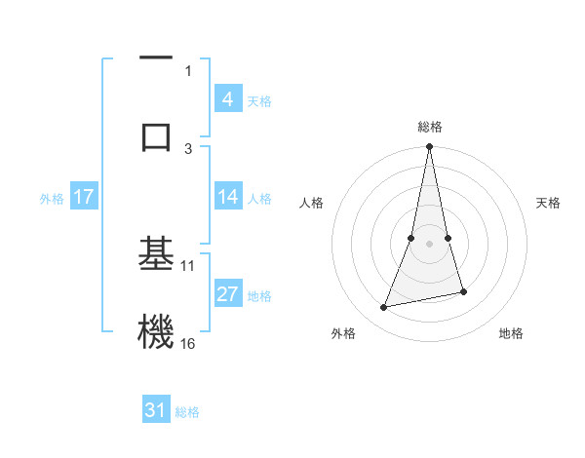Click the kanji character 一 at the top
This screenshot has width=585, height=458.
click(156, 59)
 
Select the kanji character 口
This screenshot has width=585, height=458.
click(156, 135)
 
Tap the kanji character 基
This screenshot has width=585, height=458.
click(156, 254)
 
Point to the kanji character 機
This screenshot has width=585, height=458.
click(156, 330)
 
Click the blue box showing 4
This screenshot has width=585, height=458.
click(227, 99)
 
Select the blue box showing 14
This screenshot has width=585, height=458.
click(227, 197)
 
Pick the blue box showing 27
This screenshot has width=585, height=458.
click(227, 295)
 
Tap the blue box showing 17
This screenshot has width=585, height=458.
click(84, 197)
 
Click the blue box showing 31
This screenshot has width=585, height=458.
click(156, 410)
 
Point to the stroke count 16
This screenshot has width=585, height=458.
click(188, 343)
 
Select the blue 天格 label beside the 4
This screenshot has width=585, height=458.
click(259, 100)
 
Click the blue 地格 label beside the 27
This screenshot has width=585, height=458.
click(259, 296)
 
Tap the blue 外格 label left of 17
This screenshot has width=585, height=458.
click(52, 198)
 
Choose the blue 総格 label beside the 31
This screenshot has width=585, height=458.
click(187, 411)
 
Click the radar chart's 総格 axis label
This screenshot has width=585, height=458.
click(430, 127)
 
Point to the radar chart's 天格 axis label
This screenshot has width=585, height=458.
click(548, 203)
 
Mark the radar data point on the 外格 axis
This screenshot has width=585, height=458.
click(384, 308)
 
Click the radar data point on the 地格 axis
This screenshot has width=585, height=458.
click(463, 291)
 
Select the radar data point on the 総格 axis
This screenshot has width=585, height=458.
click(430, 147)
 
